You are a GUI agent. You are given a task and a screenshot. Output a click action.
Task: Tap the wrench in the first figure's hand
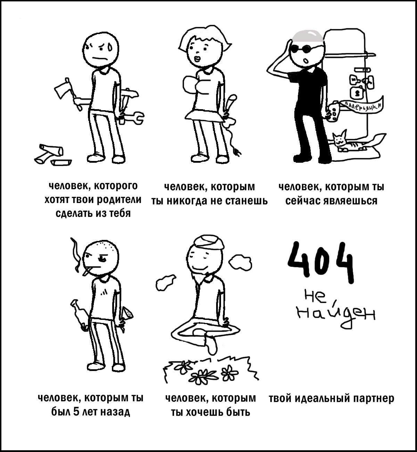point(132,118)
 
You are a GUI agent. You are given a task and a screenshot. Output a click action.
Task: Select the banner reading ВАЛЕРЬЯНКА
point(362,105)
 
